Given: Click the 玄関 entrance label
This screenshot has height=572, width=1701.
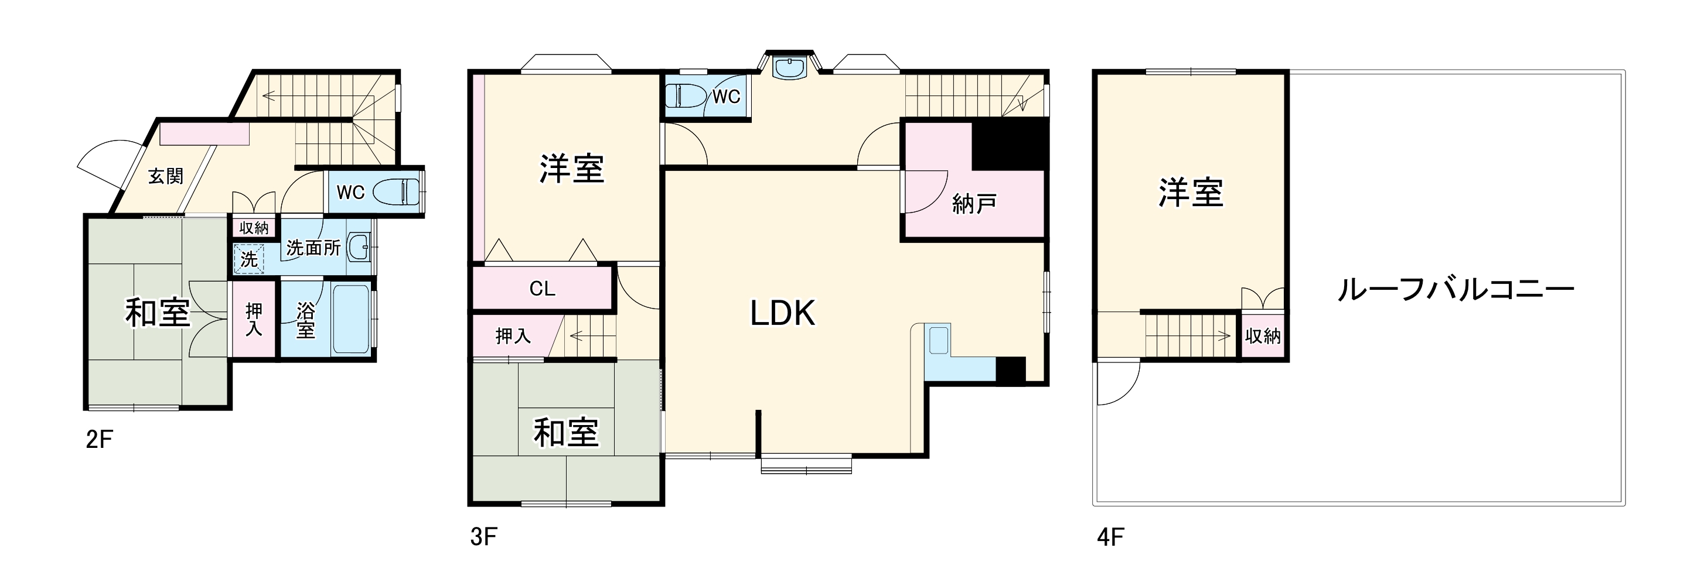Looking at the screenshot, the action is [x=165, y=176].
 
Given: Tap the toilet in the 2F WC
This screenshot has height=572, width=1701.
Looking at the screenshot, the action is [x=397, y=192].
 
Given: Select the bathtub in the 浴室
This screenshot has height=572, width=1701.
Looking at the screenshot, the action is [x=352, y=319].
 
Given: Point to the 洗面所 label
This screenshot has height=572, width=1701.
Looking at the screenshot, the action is [x=313, y=248].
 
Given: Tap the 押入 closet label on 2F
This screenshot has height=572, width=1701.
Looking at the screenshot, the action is [x=254, y=319].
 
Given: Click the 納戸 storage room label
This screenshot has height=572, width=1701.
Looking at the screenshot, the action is [x=974, y=204].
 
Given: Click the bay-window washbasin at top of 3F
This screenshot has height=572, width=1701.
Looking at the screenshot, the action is [x=790, y=68].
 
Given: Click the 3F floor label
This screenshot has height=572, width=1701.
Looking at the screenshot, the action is [x=483, y=537].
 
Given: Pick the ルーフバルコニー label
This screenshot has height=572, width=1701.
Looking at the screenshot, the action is [x=1455, y=290].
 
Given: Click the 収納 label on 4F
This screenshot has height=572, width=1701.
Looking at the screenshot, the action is [x=1263, y=337].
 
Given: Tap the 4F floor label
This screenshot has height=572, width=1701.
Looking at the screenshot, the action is [x=1111, y=537].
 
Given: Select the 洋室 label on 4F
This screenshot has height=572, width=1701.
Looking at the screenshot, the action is [x=1191, y=193].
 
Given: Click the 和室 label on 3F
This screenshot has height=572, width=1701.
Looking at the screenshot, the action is [x=566, y=433].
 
